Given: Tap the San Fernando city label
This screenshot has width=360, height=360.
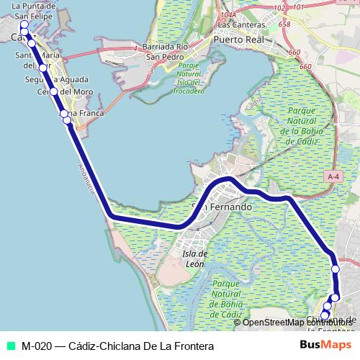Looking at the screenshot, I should [221, 207].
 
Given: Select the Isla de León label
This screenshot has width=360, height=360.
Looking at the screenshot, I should [194, 258].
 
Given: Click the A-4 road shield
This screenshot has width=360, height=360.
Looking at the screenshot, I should [332, 176].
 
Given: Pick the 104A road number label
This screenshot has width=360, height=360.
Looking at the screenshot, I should [229, 14].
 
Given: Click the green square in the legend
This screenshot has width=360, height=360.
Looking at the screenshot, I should [10, 346].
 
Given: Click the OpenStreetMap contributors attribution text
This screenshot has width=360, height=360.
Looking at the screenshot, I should [293, 322].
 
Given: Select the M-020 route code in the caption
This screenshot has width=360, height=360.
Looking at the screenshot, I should [36, 346].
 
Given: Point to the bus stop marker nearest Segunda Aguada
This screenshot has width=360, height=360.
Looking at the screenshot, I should [43, 68].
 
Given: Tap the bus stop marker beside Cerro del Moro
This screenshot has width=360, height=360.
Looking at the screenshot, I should [53, 91].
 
